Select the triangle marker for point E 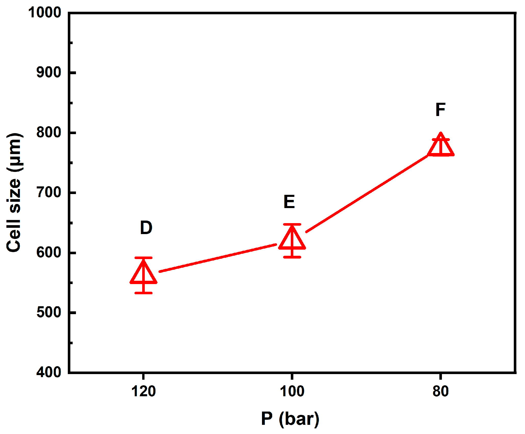tap(292, 240)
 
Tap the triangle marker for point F tap(441, 147)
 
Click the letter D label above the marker tap(146, 228)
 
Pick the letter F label tap(441, 110)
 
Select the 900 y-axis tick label tap(49, 72)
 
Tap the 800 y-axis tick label tap(49, 132)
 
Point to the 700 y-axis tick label tap(49, 192)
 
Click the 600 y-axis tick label tap(49, 252)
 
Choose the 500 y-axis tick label tap(49, 312)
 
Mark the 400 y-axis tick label tap(49, 372)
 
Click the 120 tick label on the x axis tap(143, 391)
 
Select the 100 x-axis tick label tap(292, 391)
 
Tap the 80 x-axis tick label tap(441, 391)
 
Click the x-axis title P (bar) tap(290, 419)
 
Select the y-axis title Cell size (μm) tap(14, 193)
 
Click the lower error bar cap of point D tap(143, 293)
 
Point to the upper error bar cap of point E tap(292, 224)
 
